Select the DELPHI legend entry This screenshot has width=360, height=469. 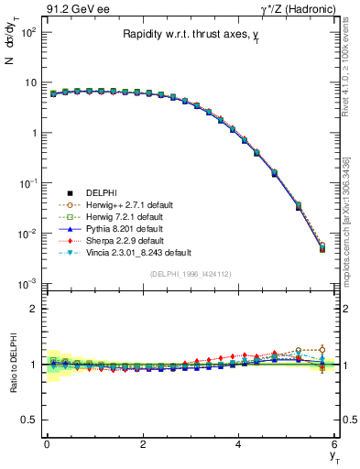[x=100, y=192]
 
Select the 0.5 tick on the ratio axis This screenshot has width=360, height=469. [x=31, y=420]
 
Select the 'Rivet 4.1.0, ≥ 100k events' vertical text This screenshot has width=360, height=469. [x=348, y=64]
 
